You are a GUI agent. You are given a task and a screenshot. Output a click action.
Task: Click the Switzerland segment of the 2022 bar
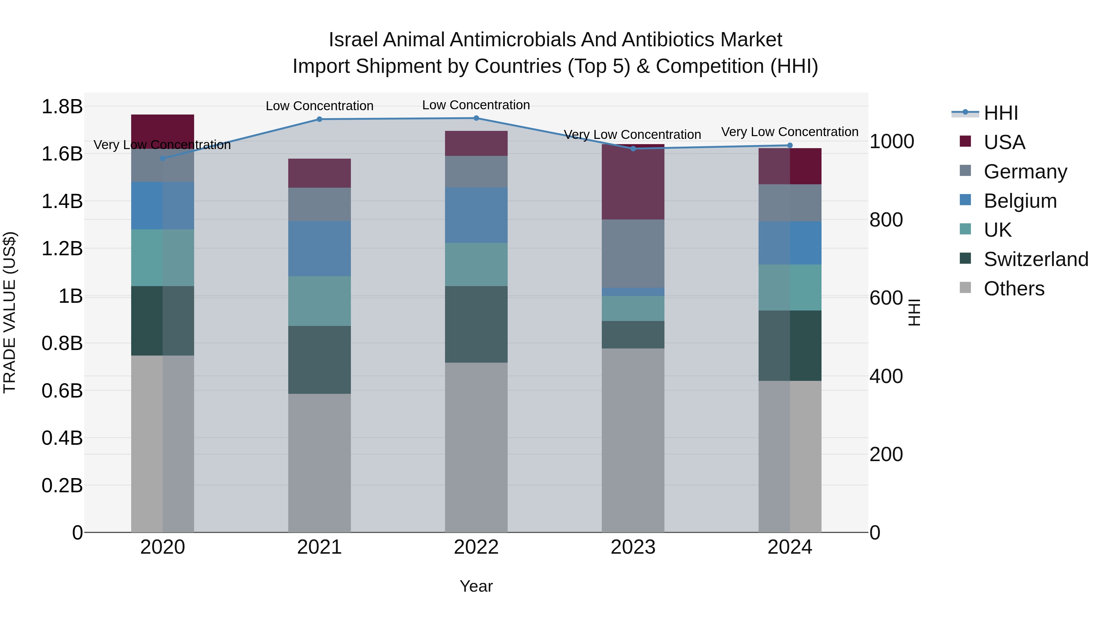coord(476,324)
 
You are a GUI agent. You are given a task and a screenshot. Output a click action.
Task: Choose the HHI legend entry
coord(1001,113)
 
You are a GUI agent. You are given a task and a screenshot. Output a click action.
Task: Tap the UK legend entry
coord(997,230)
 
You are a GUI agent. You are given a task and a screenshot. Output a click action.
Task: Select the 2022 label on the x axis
coord(476,547)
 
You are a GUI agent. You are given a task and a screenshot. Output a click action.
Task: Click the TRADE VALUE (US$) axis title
coord(10,312)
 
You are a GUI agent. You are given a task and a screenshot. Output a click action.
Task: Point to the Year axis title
coord(476,586)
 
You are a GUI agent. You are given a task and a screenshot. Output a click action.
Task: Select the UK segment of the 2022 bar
coord(476,265)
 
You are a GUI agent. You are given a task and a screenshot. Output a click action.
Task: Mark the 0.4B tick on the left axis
coord(62,438)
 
